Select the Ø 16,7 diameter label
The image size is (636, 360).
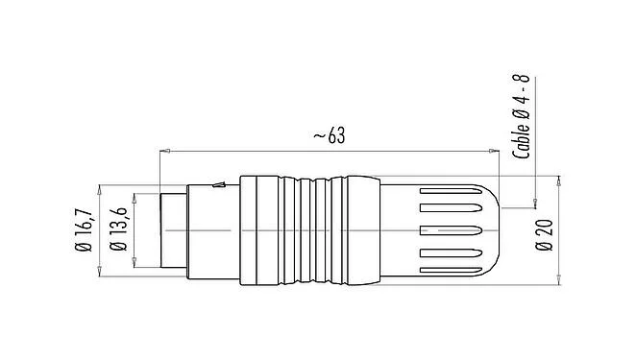tap(85, 231)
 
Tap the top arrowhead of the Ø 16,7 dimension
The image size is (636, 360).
tap(101, 186)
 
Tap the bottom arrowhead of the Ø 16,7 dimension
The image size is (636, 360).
tap(101, 275)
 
